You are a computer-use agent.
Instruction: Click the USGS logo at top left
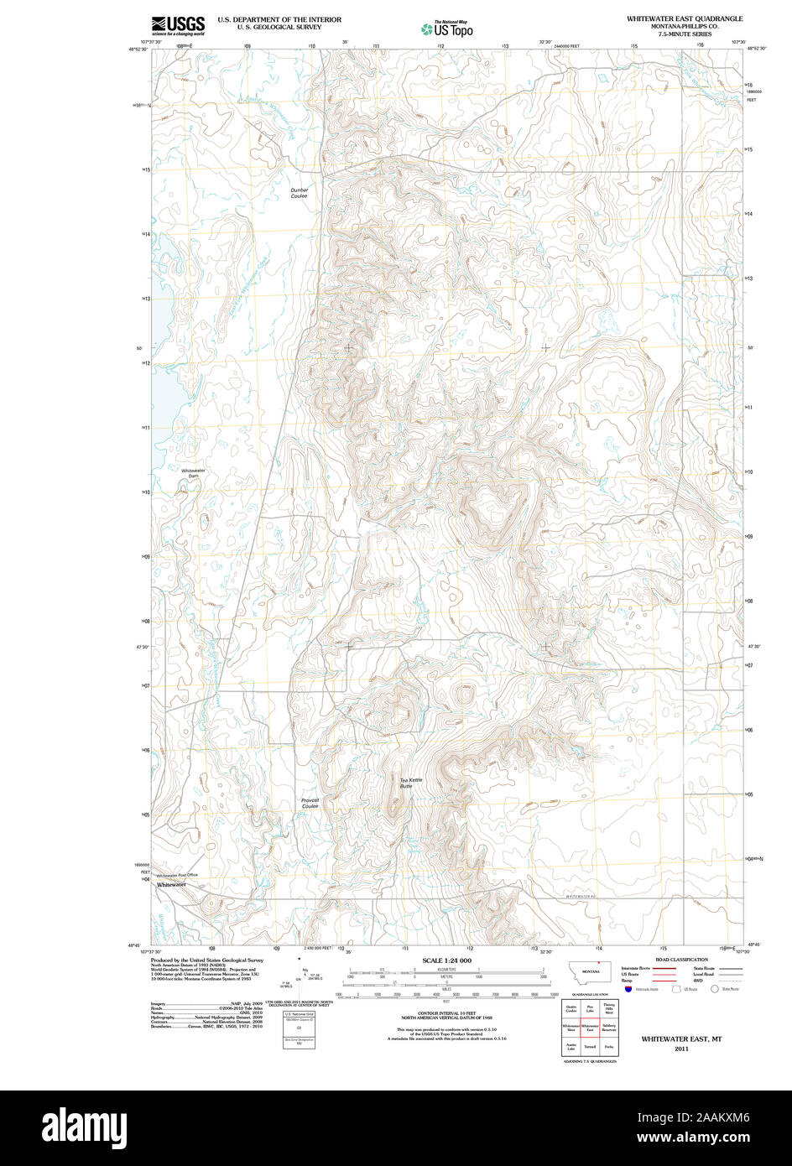177,25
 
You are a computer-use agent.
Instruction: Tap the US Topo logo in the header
446,29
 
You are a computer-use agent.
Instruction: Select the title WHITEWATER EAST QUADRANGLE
684,18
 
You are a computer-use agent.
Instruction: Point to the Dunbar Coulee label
300,193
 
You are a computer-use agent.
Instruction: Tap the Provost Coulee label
310,803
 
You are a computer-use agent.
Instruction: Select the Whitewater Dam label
193,473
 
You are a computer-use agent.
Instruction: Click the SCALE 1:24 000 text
446,960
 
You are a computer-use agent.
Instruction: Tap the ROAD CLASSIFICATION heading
681,960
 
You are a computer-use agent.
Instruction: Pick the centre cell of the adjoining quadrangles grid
590,1028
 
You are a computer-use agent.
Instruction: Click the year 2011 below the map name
681,1049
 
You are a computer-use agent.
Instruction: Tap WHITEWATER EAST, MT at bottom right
681,1039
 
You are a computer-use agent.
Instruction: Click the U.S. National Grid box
299,1015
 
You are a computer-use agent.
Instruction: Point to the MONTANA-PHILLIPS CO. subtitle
684,26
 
